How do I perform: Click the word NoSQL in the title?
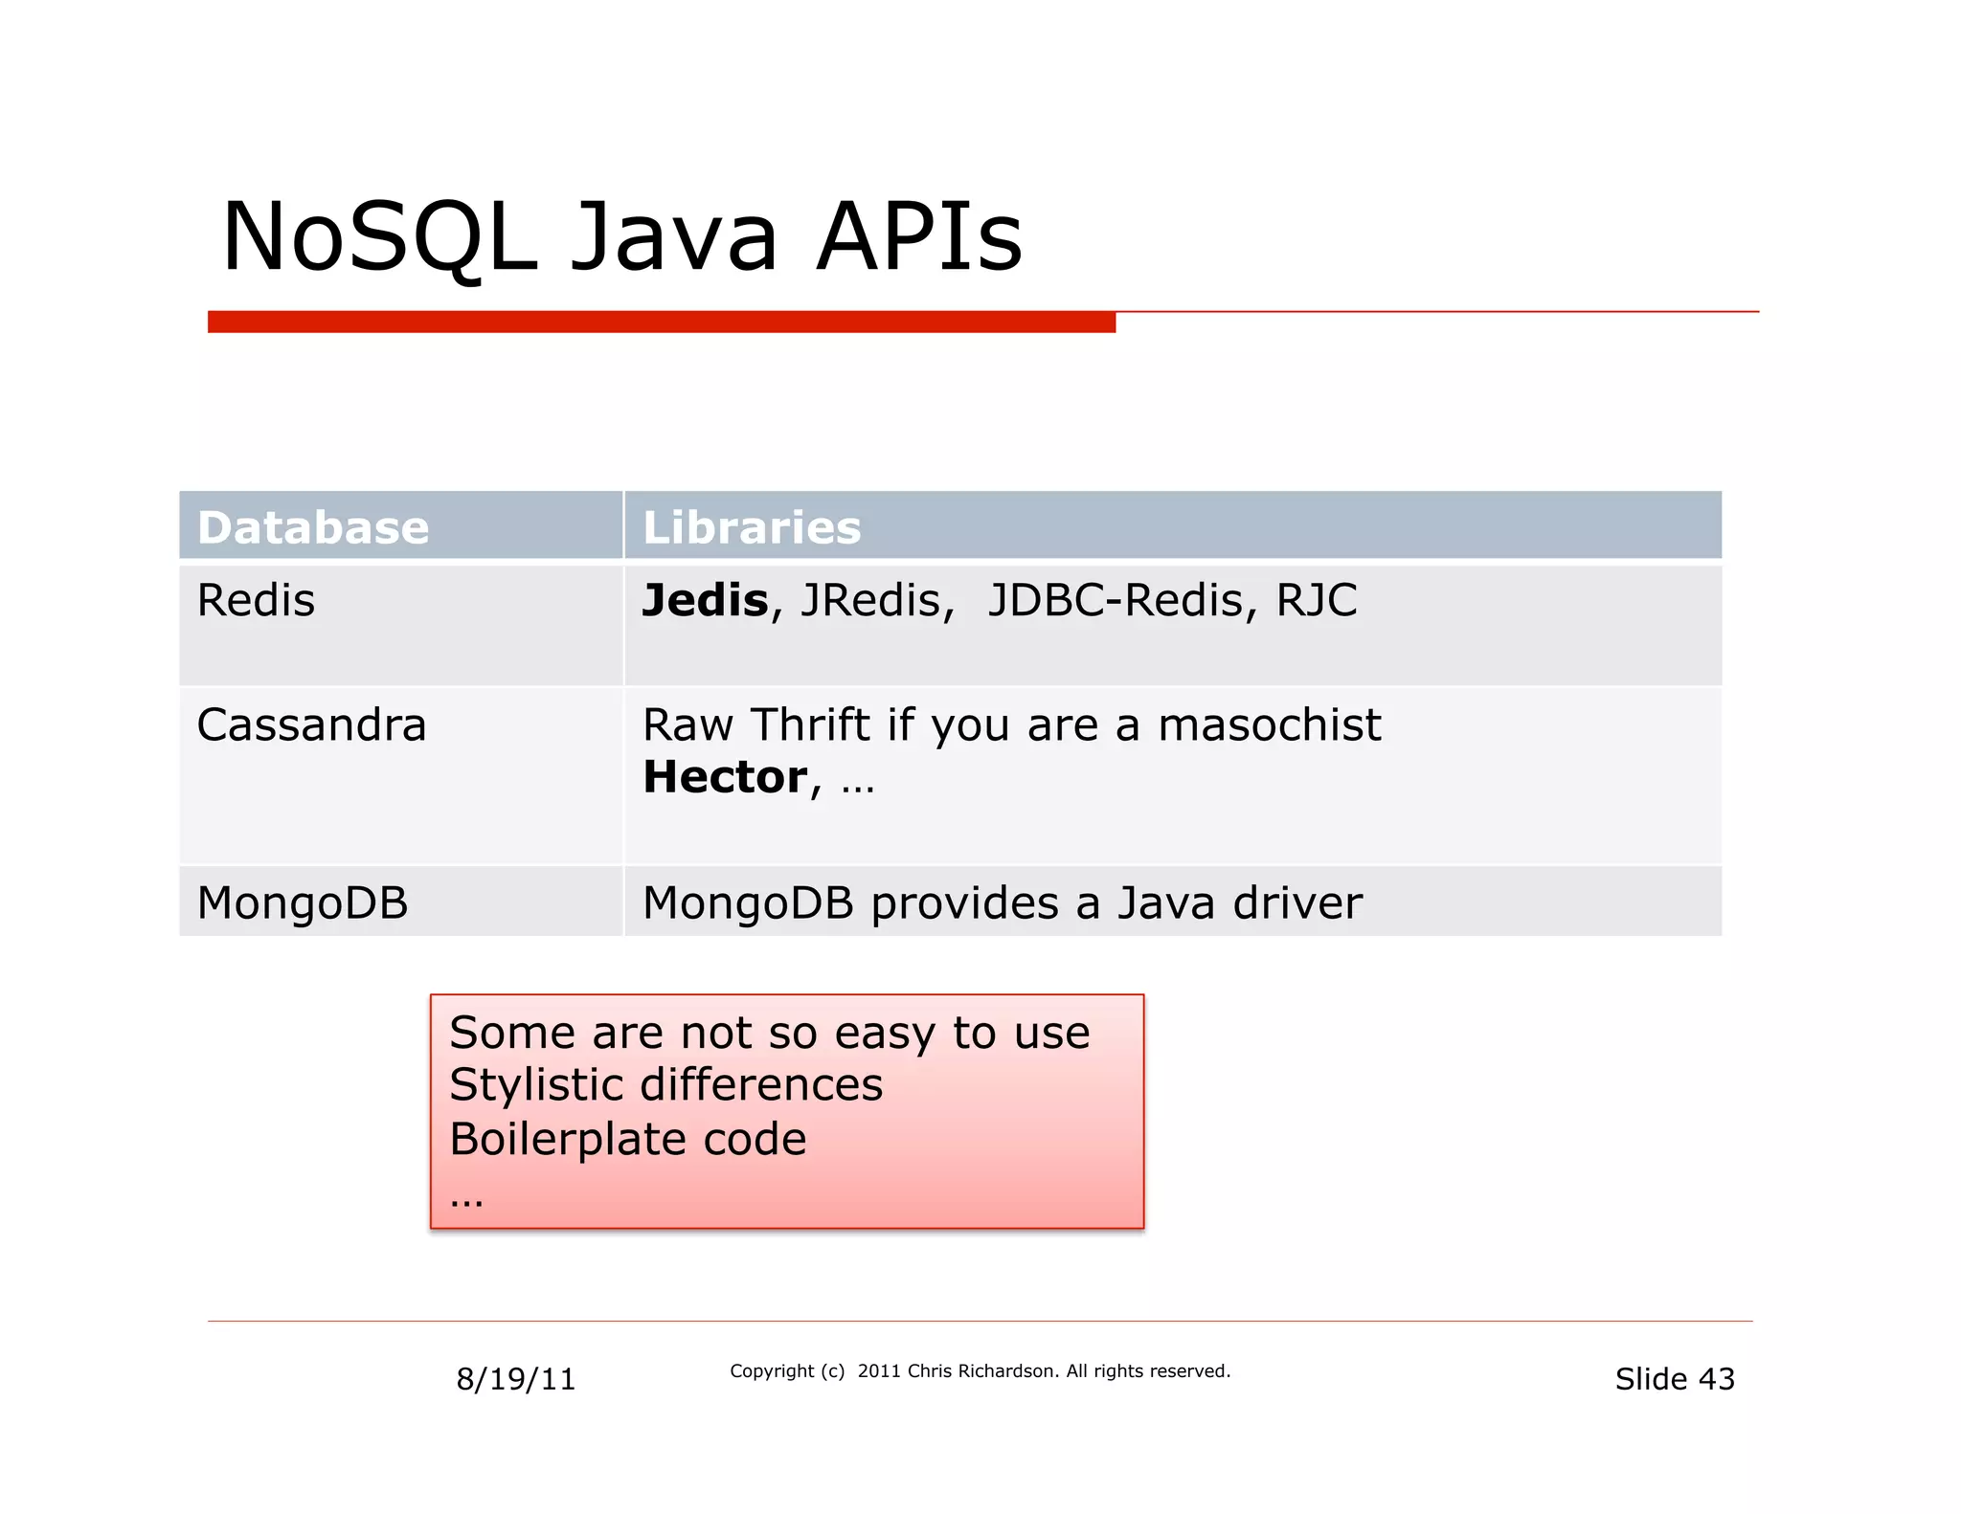(x=378, y=237)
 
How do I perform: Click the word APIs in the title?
(x=919, y=237)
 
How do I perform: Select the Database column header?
(x=313, y=527)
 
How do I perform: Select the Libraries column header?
(x=752, y=527)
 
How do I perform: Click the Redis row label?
(x=256, y=601)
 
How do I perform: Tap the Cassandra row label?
(x=311, y=724)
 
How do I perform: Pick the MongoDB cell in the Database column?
(x=303, y=902)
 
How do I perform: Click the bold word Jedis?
(x=705, y=601)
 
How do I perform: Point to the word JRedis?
(x=876, y=601)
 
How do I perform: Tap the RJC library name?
(x=1317, y=601)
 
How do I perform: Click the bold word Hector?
(x=725, y=776)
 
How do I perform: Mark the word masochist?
(x=1269, y=724)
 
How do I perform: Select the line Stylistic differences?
(x=665, y=1085)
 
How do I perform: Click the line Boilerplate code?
(x=627, y=1139)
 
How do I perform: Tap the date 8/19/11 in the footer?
(x=515, y=1379)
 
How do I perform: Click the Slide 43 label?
(x=1674, y=1379)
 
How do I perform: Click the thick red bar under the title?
(x=661, y=323)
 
